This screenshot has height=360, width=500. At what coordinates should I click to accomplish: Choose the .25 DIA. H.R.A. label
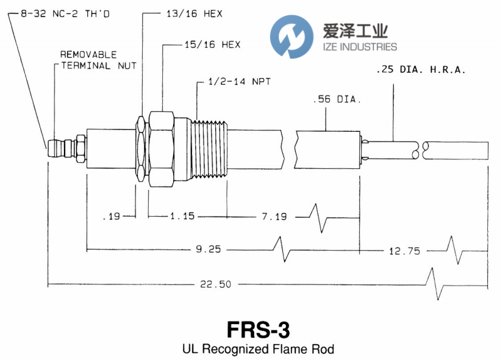[x=421, y=70]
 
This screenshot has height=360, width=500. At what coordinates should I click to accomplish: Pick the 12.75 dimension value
[x=405, y=250]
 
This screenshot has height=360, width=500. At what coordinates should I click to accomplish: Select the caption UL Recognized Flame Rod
[x=258, y=350]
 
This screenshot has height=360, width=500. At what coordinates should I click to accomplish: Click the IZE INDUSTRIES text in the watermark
[x=355, y=47]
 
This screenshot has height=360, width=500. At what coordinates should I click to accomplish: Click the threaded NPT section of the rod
[x=209, y=149]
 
